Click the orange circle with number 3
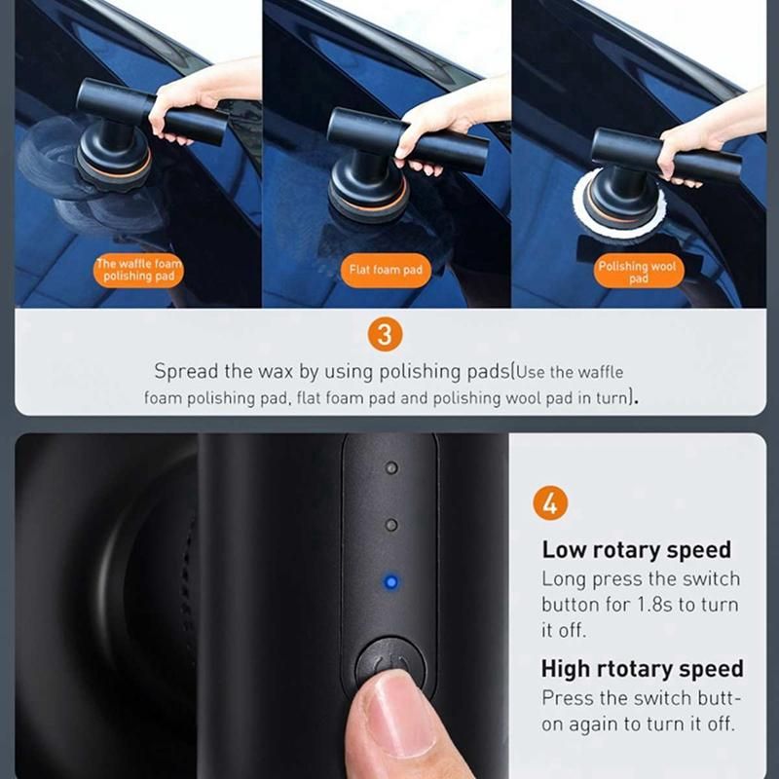pyautogui.click(x=385, y=334)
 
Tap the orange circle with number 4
pyautogui.click(x=550, y=502)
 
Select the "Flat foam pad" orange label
pyautogui.click(x=386, y=270)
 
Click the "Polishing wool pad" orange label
pyautogui.click(x=638, y=272)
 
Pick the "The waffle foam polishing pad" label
pyautogui.click(x=138, y=270)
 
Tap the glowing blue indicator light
pyautogui.click(x=391, y=581)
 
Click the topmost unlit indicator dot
pyautogui.click(x=391, y=467)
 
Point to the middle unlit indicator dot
pyautogui.click(x=391, y=525)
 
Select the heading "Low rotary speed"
pyautogui.click(x=636, y=549)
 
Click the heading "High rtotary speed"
pyautogui.click(x=642, y=669)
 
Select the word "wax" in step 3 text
pyautogui.click(x=275, y=372)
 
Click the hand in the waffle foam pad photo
pyautogui.click(x=199, y=99)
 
